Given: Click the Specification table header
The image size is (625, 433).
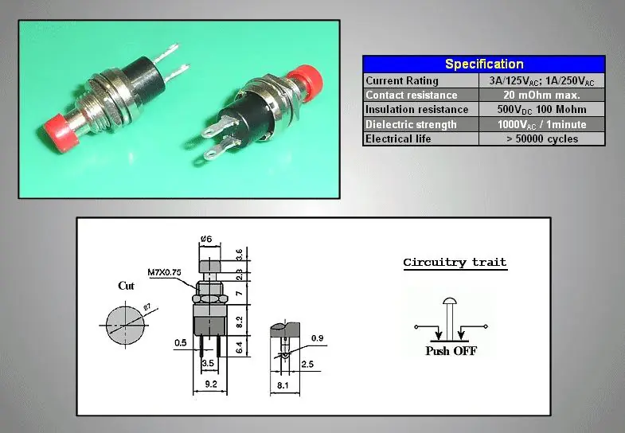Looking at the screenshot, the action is click(484, 64).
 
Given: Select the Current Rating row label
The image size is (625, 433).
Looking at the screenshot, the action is click(402, 81).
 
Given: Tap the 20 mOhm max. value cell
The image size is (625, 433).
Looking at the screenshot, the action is click(541, 95).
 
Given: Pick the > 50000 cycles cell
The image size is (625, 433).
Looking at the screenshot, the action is click(541, 138).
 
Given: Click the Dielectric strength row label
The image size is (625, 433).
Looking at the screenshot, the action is click(411, 124).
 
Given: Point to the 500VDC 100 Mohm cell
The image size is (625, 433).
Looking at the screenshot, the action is click(541, 110).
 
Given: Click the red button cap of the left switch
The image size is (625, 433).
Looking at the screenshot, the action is click(60, 132).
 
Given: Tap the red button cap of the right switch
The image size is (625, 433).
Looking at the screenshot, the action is click(304, 81).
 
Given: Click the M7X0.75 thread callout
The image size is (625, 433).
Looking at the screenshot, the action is click(164, 272).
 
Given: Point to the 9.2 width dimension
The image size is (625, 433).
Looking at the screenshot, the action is click(210, 384).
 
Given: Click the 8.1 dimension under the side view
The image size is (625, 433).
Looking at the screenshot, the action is click(283, 385).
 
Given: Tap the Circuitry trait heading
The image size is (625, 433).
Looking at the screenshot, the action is click(455, 263).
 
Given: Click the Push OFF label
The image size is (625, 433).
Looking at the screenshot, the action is click(451, 351).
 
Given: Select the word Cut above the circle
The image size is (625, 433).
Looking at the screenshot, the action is click(126, 286).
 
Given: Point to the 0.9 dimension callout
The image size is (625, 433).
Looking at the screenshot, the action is click(318, 338).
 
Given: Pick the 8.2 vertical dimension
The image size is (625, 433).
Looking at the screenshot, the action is click(239, 321).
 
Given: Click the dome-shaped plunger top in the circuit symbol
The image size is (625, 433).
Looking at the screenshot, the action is click(450, 302).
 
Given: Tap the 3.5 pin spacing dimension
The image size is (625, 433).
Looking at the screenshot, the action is click(208, 363).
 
